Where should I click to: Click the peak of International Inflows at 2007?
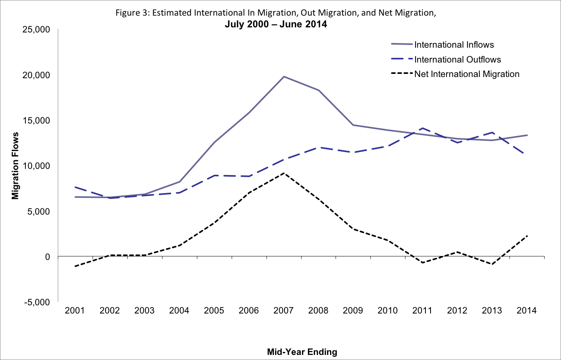click(x=284, y=77)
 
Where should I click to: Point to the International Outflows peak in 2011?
click(x=423, y=128)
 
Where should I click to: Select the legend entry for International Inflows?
click(x=454, y=45)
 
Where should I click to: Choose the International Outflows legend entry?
click(x=457, y=59)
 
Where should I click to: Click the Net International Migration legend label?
click(x=467, y=74)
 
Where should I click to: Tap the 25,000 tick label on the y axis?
click(x=36, y=30)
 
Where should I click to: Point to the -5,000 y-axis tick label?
click(x=37, y=302)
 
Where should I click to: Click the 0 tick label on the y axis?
click(x=47, y=257)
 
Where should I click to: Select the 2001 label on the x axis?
click(x=75, y=311)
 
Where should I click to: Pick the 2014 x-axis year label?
click(x=527, y=311)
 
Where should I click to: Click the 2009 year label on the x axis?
click(x=353, y=311)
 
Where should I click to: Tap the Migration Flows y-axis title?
click(x=16, y=166)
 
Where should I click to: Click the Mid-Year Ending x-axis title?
click(x=302, y=352)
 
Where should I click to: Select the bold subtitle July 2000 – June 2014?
click(x=276, y=24)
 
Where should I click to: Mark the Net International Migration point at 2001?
click(x=75, y=266)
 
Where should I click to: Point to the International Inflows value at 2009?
click(x=353, y=125)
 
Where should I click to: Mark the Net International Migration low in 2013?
click(x=492, y=264)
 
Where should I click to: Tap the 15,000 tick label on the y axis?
click(x=36, y=121)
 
